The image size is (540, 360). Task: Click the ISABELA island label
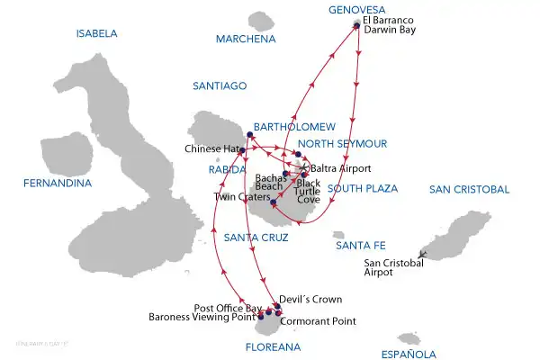click(97, 34)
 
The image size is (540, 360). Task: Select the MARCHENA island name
click(245, 40)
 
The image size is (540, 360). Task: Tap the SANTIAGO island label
click(220, 85)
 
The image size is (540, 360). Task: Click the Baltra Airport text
click(340, 168)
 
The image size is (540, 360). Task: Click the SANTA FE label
click(358, 245)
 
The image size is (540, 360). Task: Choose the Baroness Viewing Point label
click(202, 317)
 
